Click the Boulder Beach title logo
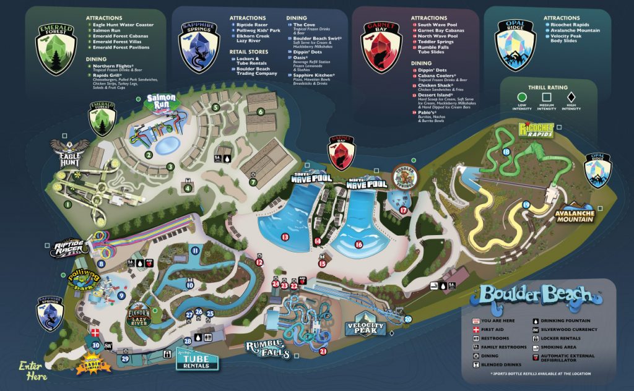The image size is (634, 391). (541, 295)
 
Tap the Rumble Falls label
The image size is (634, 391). (268, 350)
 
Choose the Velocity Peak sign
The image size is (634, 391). (366, 328)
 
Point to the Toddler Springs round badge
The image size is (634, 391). (406, 176)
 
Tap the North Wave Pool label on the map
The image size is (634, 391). (367, 183)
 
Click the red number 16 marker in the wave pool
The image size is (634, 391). (358, 244)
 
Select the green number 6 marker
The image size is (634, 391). (261, 111)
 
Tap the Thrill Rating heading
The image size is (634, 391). (548, 88)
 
